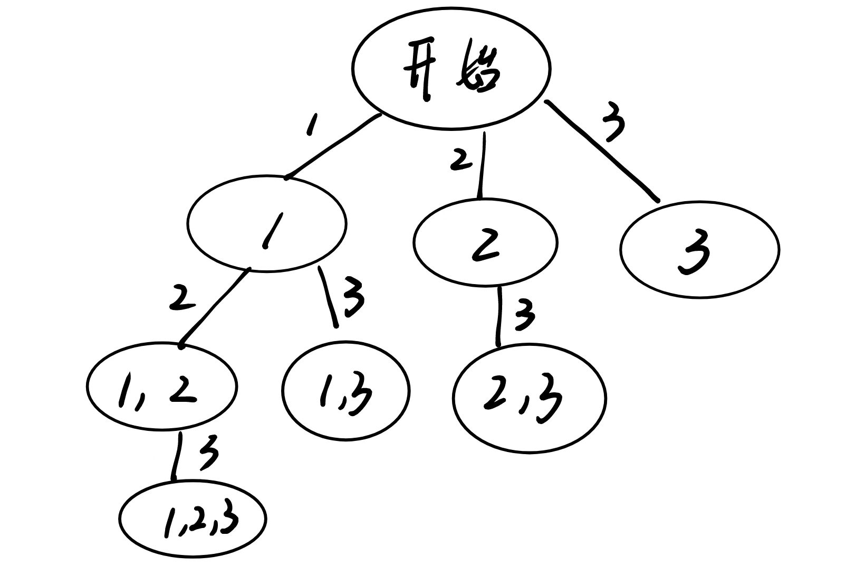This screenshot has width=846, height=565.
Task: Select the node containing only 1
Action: click(x=267, y=224)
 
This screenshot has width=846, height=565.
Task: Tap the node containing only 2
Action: click(x=485, y=242)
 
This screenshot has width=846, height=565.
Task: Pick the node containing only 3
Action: click(x=699, y=250)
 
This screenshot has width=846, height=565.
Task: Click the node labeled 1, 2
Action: click(x=162, y=387)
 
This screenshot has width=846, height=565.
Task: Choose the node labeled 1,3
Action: click(x=345, y=391)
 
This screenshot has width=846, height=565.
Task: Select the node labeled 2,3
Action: click(x=530, y=399)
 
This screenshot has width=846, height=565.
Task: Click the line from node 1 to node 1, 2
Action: click(x=214, y=307)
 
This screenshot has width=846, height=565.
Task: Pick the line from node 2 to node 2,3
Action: click(x=498, y=316)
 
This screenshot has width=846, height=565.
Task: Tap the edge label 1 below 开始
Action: click(x=312, y=125)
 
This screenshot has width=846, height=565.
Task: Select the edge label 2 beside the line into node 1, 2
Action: click(x=181, y=299)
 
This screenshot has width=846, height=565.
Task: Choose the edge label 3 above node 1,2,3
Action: click(x=208, y=453)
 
